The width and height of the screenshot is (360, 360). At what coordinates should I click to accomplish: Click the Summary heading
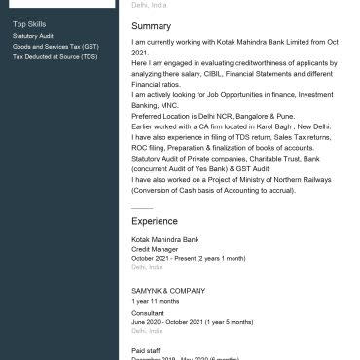click(151, 26)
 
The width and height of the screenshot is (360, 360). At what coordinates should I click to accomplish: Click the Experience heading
click(155, 221)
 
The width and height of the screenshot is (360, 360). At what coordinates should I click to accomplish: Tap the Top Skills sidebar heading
click(29, 23)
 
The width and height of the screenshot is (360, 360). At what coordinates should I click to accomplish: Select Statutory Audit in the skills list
click(33, 35)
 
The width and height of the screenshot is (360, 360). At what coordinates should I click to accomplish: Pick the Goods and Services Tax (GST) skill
click(55, 46)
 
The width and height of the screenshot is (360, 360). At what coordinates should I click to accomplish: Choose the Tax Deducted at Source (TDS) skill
click(54, 56)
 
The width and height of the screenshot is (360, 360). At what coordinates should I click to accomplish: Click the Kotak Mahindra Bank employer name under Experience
click(164, 239)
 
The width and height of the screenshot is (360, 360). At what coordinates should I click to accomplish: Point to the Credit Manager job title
click(154, 248)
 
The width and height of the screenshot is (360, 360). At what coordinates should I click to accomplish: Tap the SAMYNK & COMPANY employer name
click(168, 290)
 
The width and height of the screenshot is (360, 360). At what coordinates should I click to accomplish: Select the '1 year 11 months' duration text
click(156, 301)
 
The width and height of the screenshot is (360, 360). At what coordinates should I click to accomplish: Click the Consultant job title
click(148, 313)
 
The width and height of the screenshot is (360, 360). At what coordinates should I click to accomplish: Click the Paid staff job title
click(145, 349)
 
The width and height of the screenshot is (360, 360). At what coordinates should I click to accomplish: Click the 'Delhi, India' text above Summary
click(149, 5)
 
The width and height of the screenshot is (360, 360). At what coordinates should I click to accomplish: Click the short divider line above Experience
click(141, 207)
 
